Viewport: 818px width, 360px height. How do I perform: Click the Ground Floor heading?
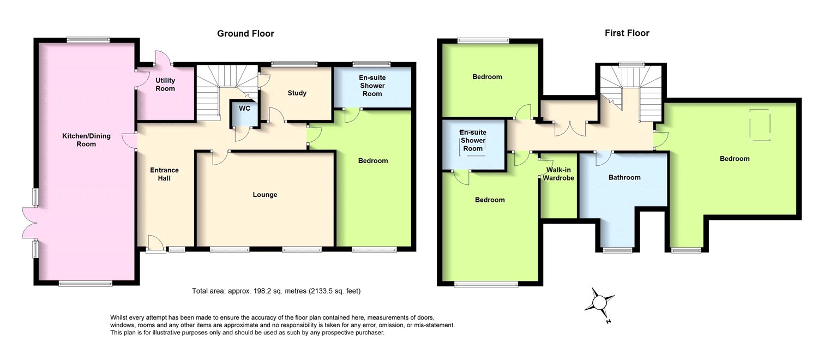(x=245, y=34)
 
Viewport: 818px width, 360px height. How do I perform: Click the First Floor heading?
(x=627, y=33)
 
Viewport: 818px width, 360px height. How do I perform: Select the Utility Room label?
(x=165, y=85)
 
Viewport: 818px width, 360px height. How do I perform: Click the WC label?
(x=245, y=109)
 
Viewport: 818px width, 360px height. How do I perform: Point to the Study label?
(x=297, y=93)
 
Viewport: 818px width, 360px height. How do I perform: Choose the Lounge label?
(x=265, y=195)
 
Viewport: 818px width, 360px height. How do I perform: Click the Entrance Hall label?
(x=164, y=174)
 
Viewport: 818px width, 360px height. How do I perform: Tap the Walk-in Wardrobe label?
(x=560, y=173)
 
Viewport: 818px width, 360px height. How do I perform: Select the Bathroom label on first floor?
(x=624, y=177)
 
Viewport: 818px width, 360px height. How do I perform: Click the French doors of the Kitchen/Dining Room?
(x=28, y=223)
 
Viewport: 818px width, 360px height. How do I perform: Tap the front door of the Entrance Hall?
(x=155, y=243)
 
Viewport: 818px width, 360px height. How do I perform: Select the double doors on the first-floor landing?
(x=570, y=129)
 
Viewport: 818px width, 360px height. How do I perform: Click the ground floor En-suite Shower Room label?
(x=372, y=86)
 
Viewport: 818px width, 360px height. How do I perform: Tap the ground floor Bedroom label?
(x=373, y=161)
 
